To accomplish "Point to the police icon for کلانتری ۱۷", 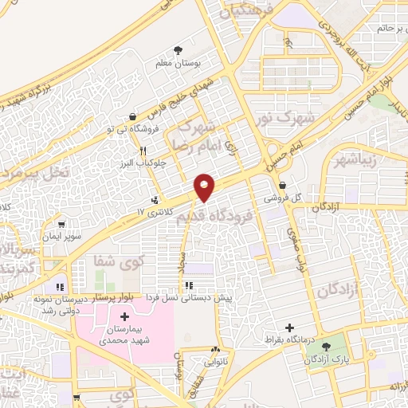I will click(x=154, y=201).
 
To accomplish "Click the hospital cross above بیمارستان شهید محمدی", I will click(x=123, y=318).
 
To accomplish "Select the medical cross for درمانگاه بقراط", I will click(x=290, y=328).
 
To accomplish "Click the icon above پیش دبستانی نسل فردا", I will click(x=188, y=284).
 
